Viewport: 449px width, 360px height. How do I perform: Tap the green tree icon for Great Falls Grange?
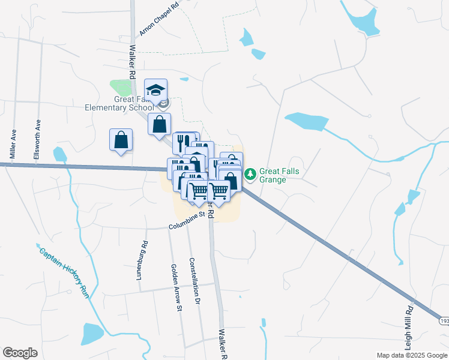coord(250,174)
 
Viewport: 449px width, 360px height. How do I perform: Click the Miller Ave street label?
coord(11,142)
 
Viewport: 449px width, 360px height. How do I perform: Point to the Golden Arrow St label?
coord(176,288)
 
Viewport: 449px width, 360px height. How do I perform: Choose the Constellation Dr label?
coord(194,281)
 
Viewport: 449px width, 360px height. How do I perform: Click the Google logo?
coord(20,353)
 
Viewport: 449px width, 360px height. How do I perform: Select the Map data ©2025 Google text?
coord(412,355)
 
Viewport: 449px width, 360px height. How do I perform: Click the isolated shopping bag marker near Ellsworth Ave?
coord(121,140)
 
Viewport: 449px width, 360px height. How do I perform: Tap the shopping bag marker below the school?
coord(159,124)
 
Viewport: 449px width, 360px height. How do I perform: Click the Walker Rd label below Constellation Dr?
coord(222,344)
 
